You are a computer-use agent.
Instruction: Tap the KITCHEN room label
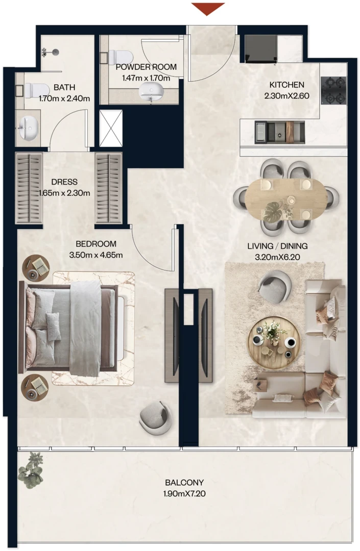click(286, 85)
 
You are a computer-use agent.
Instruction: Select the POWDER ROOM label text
click(146, 67)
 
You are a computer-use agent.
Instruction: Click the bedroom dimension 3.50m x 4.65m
click(96, 255)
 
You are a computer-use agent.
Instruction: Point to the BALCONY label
click(184, 483)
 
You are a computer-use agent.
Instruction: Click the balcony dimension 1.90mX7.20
click(184, 493)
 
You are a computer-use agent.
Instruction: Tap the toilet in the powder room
click(120, 56)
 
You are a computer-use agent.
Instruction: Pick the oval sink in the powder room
click(151, 92)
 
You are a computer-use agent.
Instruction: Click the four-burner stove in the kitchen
click(333, 90)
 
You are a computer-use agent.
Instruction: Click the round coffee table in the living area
click(275, 343)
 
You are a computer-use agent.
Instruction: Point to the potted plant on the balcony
click(32, 471)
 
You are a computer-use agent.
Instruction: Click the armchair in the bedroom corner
click(155, 419)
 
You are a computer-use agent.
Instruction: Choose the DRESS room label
click(64, 182)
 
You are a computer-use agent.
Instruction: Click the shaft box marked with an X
click(111, 128)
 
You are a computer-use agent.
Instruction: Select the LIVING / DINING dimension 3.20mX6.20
click(277, 257)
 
